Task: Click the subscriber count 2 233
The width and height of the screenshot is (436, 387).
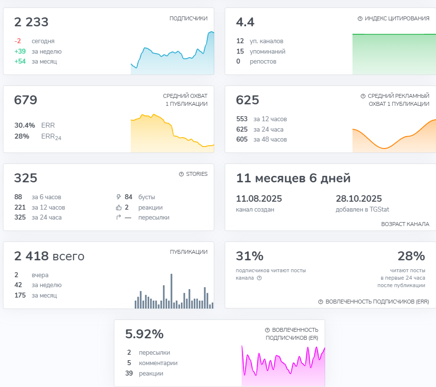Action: [31, 22]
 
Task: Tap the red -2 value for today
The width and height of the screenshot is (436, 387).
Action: [17, 41]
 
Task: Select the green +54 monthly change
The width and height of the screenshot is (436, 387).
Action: [20, 61]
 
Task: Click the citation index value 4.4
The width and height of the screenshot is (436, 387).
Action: [245, 22]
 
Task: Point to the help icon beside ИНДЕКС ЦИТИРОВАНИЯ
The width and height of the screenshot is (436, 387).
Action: [360, 18]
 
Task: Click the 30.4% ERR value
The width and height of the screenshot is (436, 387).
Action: [25, 125]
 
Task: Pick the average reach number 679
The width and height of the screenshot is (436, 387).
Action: [25, 100]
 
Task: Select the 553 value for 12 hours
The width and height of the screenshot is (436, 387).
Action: [242, 119]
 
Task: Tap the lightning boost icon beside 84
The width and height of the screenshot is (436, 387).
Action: [118, 197]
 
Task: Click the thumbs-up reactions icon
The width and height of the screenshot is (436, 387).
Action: [119, 208]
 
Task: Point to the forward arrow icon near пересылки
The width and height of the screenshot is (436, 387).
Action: [118, 217]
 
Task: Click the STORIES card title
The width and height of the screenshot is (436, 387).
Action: [196, 174]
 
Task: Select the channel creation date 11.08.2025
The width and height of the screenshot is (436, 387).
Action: [259, 199]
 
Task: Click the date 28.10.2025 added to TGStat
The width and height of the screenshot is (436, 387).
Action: [359, 199]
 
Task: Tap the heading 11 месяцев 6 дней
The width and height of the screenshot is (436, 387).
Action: [293, 178]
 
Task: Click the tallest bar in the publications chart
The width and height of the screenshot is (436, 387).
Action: [172, 291]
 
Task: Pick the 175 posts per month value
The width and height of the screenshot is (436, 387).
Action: [20, 295]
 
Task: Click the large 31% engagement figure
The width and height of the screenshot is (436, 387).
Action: [250, 256]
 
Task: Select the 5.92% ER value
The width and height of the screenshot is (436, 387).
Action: [144, 334]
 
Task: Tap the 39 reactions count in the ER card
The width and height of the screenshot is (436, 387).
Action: [129, 373]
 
